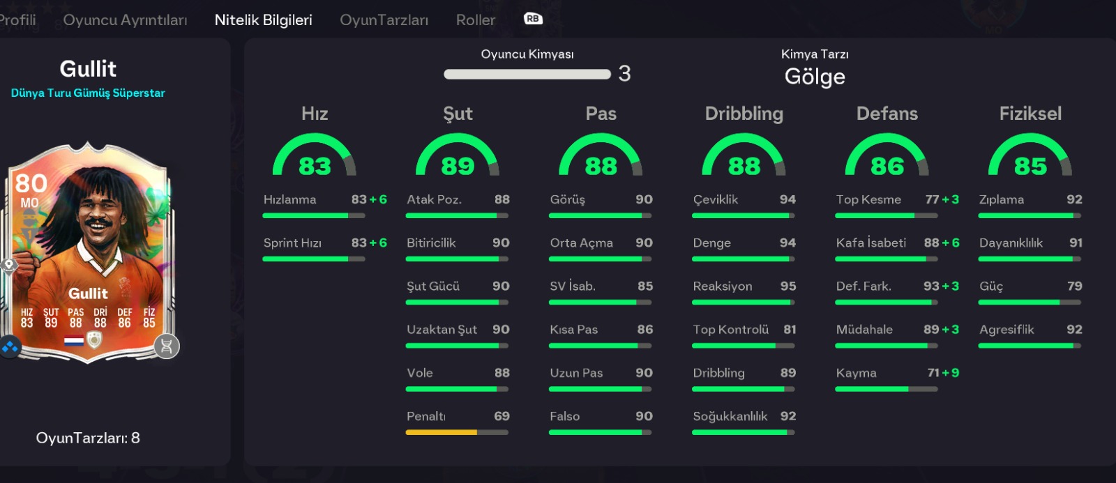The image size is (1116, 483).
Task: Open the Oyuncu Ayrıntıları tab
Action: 125,20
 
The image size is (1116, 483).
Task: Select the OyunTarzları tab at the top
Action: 384,20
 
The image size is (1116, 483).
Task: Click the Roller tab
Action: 476,20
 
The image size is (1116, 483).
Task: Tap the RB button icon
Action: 533,19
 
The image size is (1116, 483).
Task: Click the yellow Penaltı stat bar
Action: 442,432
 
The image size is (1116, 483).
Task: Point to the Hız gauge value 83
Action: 315,167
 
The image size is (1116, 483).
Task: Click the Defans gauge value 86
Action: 887,167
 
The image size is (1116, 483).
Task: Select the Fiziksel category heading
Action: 1030,114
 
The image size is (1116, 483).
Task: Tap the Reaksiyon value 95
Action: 788,286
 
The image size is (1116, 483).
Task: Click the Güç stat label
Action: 991,286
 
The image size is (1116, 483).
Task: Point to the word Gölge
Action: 815,77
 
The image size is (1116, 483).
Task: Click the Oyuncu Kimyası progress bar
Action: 527,74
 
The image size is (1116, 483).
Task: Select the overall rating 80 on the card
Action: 31,183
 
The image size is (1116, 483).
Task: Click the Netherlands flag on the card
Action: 74,341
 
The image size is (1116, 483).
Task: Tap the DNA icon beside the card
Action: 167,346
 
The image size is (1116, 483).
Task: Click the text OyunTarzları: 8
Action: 88,438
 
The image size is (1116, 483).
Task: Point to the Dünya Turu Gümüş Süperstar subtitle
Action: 88,93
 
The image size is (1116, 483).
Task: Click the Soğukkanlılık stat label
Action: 730,416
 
